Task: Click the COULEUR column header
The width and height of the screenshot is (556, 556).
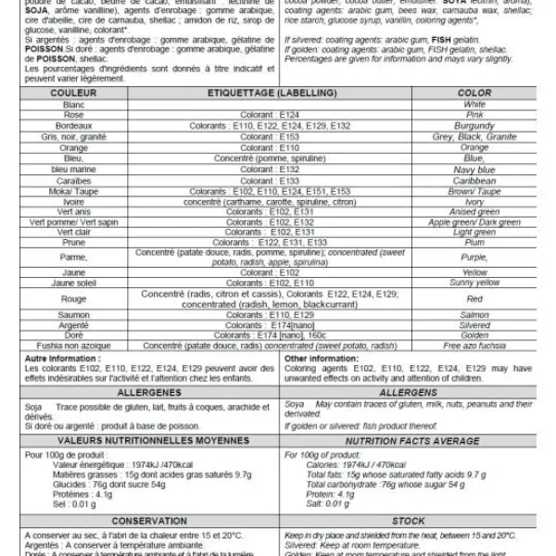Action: (x=68, y=94)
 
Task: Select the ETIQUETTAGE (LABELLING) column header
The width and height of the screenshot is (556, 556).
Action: (x=275, y=94)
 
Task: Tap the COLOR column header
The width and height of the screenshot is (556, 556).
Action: (x=474, y=94)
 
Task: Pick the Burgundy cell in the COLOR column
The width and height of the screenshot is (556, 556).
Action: (x=474, y=125)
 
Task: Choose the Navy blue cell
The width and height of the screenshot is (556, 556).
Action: (x=474, y=170)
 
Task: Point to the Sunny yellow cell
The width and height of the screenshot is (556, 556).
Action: (x=474, y=283)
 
